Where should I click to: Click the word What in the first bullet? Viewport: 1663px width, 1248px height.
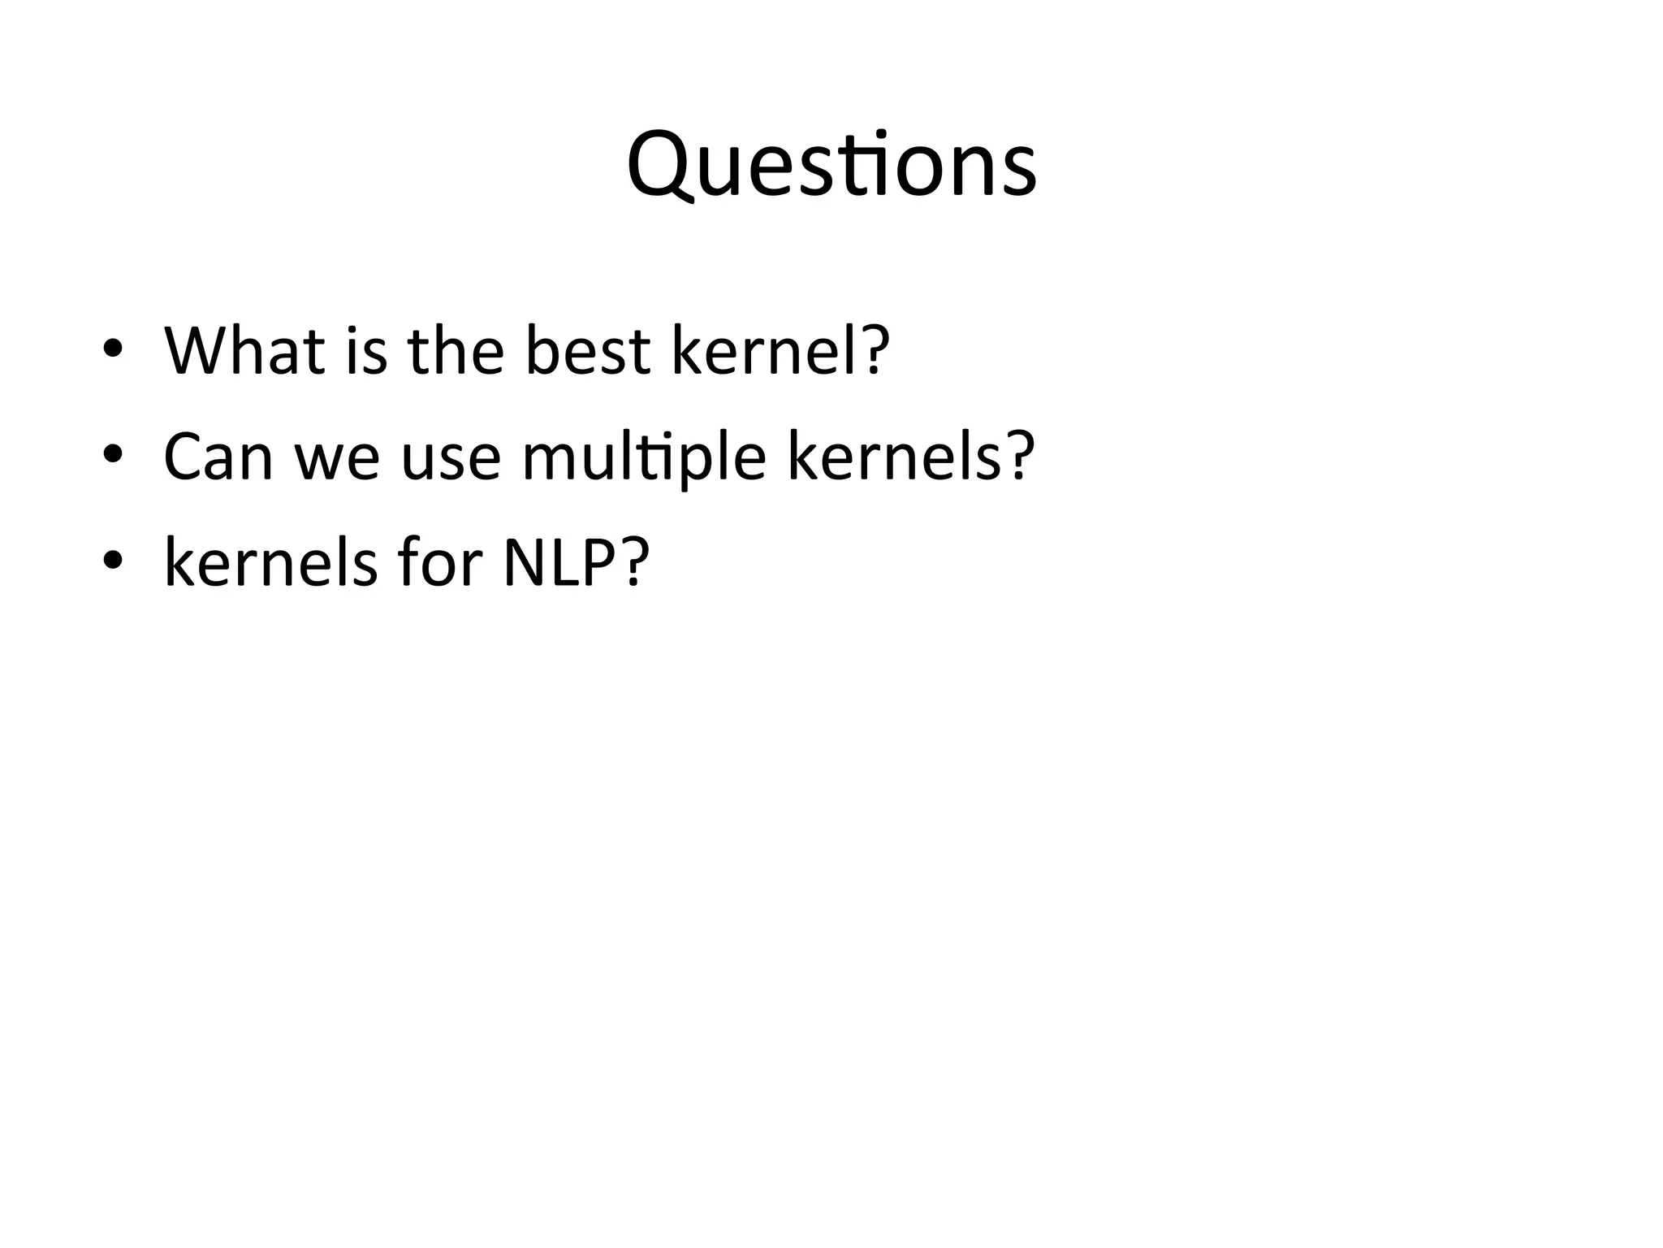[244, 351]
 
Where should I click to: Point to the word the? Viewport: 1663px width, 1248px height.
[456, 351]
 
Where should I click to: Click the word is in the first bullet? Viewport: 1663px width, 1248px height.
[366, 351]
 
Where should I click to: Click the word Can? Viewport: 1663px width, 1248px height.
[218, 457]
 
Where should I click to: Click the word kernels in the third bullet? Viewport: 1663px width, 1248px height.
[270, 562]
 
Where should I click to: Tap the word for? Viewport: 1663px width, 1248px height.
[439, 562]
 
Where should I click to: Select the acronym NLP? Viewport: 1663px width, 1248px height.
[577, 562]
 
